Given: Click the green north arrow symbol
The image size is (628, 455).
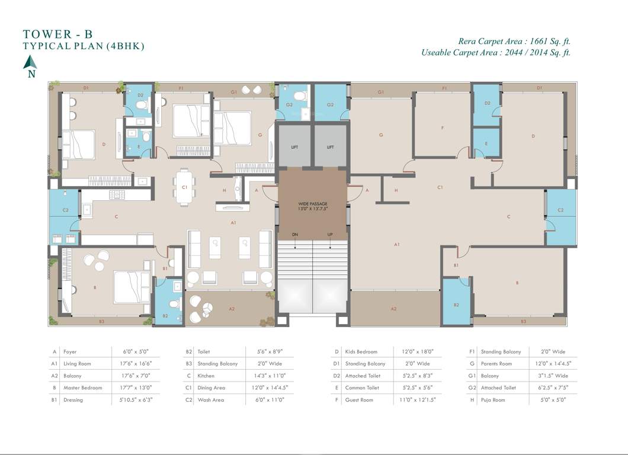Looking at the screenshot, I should point(30,62).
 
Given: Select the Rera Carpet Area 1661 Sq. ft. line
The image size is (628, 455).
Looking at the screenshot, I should point(514,41).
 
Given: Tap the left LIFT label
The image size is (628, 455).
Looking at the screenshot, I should point(294,147).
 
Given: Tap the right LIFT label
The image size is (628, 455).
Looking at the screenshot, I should point(330,147).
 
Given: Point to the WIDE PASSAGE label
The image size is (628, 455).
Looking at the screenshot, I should point(313,206).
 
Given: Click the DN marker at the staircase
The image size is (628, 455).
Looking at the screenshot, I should point(295,235).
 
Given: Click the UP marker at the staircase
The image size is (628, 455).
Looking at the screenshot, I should point(330,235).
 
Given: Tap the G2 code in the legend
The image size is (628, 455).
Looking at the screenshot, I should point(472,388).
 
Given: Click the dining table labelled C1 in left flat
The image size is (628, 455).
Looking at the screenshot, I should point(185,187).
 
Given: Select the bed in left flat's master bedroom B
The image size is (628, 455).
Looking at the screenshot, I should point(132,287).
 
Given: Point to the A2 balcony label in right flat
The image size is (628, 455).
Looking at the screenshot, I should point(393,309).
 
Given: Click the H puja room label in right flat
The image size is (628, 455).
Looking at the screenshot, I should point(395,190).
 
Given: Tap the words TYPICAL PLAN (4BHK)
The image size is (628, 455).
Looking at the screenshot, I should point(84,46).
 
